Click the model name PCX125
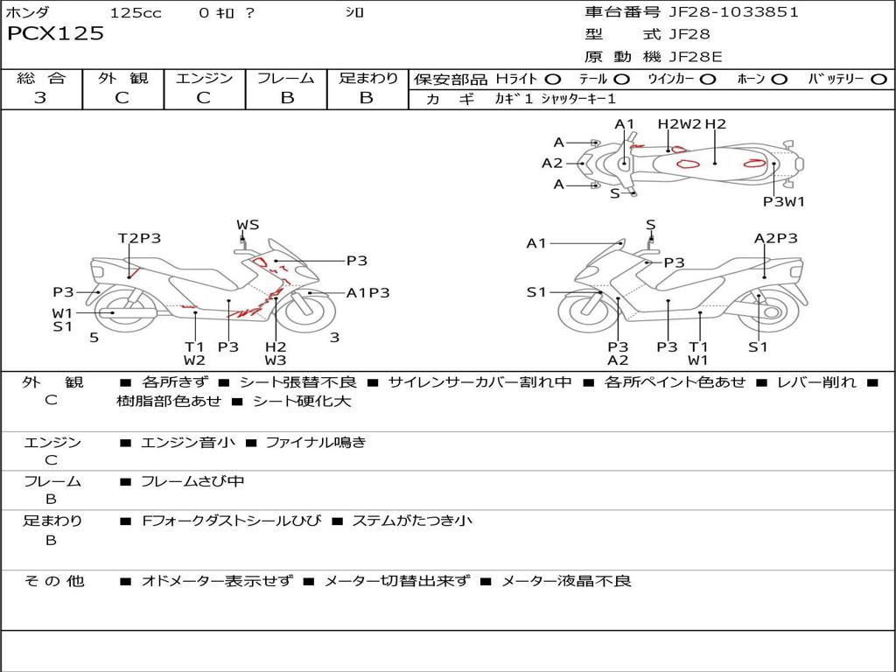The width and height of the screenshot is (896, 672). pos(55,34)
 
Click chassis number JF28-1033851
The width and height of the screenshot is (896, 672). pos(733,12)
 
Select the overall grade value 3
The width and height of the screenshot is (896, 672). pos(40,98)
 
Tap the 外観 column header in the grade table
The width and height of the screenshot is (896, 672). pos(122,78)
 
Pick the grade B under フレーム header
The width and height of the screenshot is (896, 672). pos(286,98)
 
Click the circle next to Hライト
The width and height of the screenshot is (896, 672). pos(552,79)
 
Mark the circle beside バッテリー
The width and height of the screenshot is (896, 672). pos(878,79)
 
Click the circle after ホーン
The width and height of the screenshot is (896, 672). pos(779,79)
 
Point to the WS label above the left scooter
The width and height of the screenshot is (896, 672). pos(248,225)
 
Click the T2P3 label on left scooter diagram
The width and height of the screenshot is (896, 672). pos(139,238)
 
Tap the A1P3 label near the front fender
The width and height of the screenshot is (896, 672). pos(367,293)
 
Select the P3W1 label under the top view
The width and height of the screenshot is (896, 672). pos(783,201)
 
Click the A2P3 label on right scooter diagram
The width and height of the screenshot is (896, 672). pos(775,238)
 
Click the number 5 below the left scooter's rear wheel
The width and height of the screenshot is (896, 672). pos(94,337)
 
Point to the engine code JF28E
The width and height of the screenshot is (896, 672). pos(696,57)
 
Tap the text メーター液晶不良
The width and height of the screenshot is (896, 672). pos(565,581)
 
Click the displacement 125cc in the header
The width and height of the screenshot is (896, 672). pos(136,12)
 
